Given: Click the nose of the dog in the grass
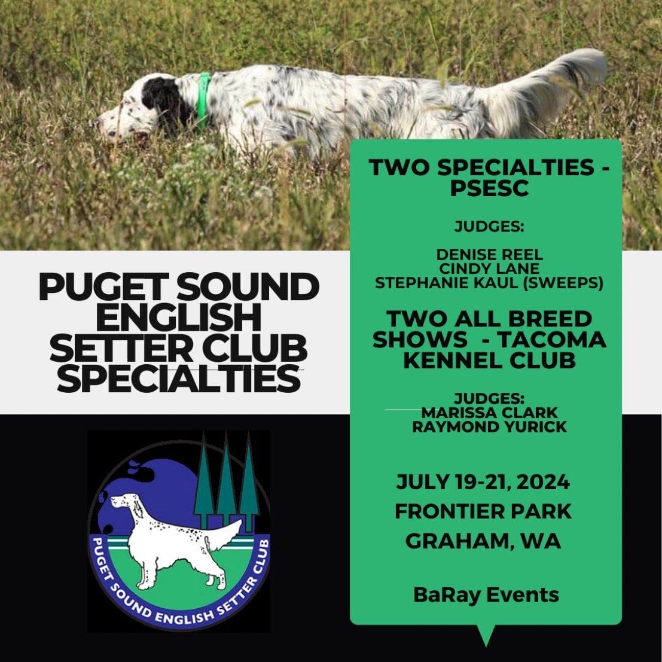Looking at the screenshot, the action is [x=99, y=123].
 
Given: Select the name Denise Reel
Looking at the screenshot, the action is [x=489, y=255].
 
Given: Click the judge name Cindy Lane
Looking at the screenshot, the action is [x=489, y=269].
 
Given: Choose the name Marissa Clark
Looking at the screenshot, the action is [x=489, y=413].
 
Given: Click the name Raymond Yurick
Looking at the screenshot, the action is [x=489, y=426].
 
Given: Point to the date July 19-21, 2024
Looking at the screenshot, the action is [x=483, y=482].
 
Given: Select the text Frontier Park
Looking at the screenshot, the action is [x=483, y=511].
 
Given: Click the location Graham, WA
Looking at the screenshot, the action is [x=483, y=541].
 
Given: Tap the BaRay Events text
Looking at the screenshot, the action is [x=486, y=595].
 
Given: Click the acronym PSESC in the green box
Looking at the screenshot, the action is [x=489, y=188].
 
